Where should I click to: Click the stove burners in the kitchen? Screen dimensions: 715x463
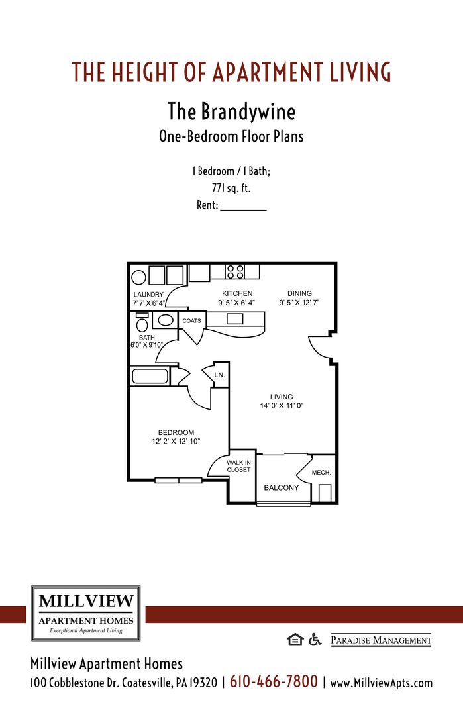point(235,271)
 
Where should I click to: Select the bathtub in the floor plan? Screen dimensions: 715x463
point(150,376)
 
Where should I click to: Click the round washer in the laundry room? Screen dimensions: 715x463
point(138,277)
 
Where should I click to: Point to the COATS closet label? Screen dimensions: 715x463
point(191,321)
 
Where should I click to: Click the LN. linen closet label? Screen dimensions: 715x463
point(220,375)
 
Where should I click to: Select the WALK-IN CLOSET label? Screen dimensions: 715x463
point(238,466)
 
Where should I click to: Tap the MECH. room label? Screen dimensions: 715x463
point(321,473)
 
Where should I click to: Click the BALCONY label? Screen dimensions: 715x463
point(282,487)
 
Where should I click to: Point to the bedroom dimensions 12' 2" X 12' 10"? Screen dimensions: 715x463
point(176,441)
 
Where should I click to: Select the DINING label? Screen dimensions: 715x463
point(299,293)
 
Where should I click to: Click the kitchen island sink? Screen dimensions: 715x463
point(234,319)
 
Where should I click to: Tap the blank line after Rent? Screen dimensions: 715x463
point(243,206)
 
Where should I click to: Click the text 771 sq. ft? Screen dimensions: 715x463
point(231,188)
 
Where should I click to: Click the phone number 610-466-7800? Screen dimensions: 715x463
point(274,681)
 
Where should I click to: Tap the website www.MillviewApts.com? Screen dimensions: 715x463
point(381,683)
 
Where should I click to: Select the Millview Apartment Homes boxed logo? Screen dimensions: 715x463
point(86,613)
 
